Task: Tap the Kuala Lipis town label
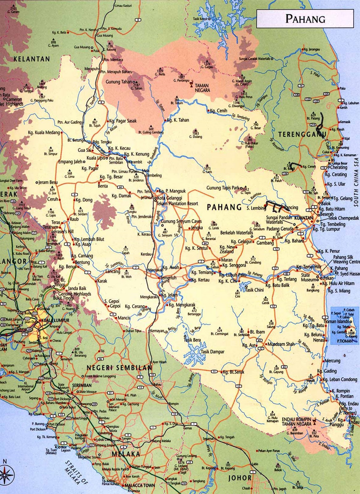click(96, 158)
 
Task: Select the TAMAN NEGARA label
click(202, 88)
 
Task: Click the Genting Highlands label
click(74, 294)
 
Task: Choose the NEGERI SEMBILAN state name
click(119, 368)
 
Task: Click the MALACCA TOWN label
click(139, 485)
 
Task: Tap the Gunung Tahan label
click(119, 82)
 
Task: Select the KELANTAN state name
click(31, 59)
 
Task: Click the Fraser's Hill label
click(64, 232)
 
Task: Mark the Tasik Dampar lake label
click(213, 352)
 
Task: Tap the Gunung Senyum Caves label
click(181, 221)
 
